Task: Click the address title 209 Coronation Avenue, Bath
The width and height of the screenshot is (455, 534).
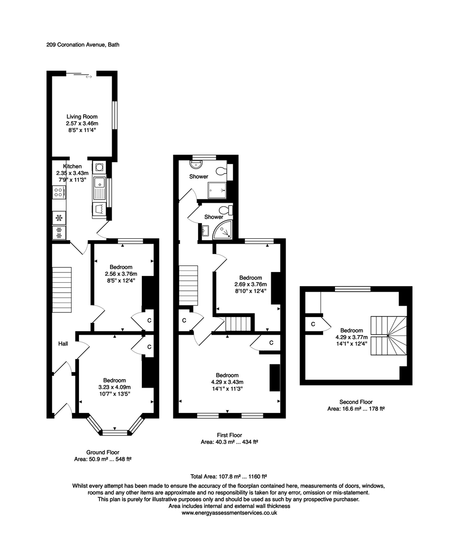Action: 80,44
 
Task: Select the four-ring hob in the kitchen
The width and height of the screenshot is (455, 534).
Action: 58,192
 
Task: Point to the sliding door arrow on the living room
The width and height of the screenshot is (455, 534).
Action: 88,77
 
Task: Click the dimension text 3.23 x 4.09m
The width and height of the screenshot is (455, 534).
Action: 114,387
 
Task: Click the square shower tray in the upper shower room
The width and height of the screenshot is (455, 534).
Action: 218,189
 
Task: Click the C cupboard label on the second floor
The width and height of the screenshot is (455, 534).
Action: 313,324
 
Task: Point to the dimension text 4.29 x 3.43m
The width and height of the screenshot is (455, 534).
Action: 227,382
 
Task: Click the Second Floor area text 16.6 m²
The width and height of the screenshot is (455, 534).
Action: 356,409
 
